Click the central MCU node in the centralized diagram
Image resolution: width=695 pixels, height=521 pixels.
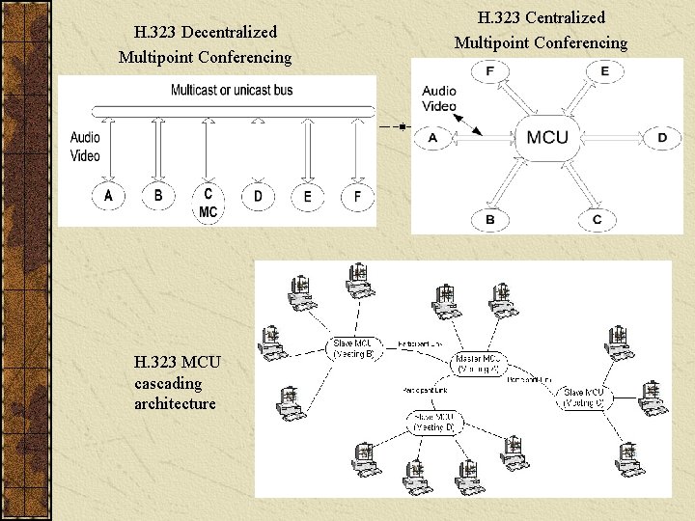coord(547,137)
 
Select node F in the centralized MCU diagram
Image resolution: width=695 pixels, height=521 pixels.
coord(489,71)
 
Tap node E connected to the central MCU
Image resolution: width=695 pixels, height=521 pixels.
coord(604,71)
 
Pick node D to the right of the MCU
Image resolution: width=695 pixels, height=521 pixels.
coord(662,138)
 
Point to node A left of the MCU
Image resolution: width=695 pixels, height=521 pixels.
coord(432,138)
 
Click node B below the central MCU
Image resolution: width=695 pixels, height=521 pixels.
coord(489,220)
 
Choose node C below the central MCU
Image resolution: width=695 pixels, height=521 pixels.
coord(597,220)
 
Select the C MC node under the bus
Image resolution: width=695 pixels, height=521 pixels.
coord(208,201)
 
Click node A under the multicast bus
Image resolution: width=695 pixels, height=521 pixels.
coord(108,196)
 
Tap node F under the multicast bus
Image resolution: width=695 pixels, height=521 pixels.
coord(357,197)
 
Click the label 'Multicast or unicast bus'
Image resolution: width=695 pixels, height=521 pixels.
coord(232,91)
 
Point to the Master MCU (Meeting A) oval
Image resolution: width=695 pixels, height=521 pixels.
coord(480,362)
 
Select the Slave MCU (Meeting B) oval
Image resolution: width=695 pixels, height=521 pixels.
coord(358,347)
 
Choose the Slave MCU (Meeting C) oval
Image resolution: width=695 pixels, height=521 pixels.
coord(585,397)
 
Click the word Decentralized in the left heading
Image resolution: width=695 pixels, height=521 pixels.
coord(228,33)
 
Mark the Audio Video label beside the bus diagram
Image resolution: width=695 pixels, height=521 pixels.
coord(85,147)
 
